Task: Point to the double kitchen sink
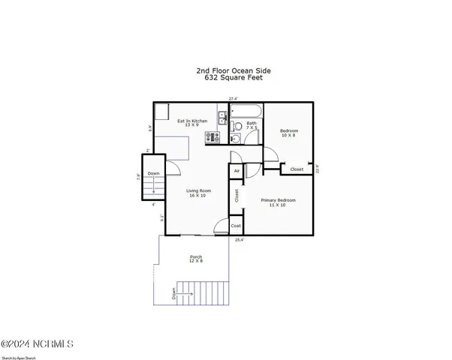223,118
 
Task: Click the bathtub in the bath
247,113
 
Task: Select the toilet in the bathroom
236,137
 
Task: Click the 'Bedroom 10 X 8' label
288,132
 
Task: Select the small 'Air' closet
237,171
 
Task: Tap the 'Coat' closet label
236,226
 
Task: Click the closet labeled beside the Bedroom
297,169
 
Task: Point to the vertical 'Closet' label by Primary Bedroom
237,196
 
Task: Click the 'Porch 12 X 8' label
196,259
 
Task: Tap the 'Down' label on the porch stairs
174,293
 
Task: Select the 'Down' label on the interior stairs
153,174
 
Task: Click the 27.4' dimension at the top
234,98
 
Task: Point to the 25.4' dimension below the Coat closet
239,240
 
